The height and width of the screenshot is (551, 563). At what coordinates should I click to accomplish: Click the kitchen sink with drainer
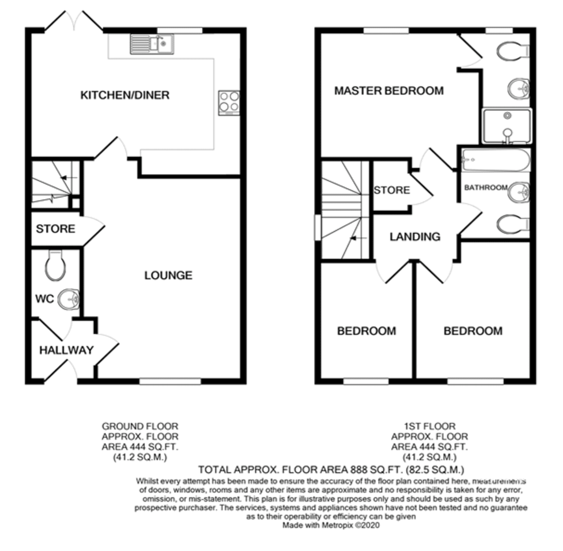pos(152,44)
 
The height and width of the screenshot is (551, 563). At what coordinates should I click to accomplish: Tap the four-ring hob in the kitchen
pos(229,103)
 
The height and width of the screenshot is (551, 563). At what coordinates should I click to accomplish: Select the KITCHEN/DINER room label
pos(125,95)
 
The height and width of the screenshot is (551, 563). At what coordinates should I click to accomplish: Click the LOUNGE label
pos(168,275)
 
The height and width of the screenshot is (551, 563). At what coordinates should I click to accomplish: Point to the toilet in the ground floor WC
pos(55,265)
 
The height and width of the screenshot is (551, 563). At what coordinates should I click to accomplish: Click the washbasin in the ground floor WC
pos(68,299)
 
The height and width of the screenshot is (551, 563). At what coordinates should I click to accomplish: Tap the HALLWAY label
pos(67,350)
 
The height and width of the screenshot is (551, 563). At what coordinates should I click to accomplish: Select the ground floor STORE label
pos(55,229)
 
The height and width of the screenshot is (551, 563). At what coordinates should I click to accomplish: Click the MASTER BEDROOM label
pos(389,91)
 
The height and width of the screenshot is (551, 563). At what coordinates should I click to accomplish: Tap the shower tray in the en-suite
pos(507,126)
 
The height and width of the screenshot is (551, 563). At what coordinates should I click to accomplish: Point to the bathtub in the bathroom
pos(496,160)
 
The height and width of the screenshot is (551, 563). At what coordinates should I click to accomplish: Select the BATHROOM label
pos(486,188)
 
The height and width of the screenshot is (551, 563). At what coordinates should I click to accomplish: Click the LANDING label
pos(415,237)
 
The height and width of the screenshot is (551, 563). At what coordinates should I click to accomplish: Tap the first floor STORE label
pos(392,190)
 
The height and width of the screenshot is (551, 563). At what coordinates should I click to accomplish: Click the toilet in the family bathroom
pos(513,224)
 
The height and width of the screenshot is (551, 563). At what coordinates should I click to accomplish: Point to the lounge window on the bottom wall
pos(170,382)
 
